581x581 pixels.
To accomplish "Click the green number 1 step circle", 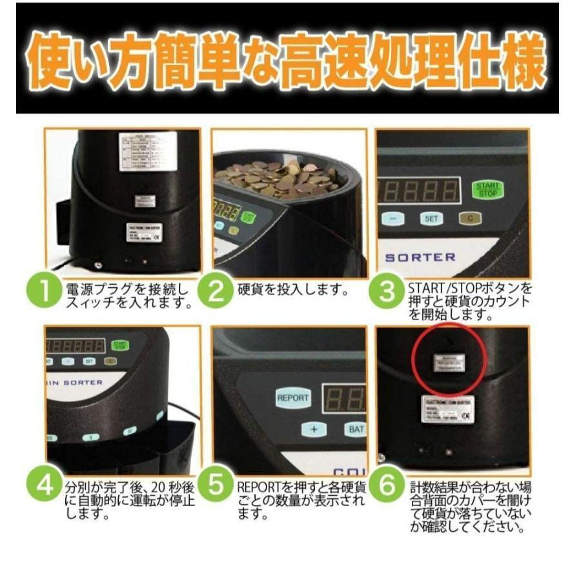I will click(x=45, y=292).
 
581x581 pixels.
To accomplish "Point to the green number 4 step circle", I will click(x=45, y=486).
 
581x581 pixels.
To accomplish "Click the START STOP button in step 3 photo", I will click(x=487, y=189).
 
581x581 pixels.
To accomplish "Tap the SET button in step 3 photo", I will click(x=431, y=219).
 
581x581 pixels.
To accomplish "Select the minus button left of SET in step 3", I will click(x=392, y=219).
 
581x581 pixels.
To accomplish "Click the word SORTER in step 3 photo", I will click(x=420, y=257).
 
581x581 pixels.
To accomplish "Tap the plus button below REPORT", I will click(x=314, y=429).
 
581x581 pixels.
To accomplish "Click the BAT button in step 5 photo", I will click(x=354, y=429).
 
